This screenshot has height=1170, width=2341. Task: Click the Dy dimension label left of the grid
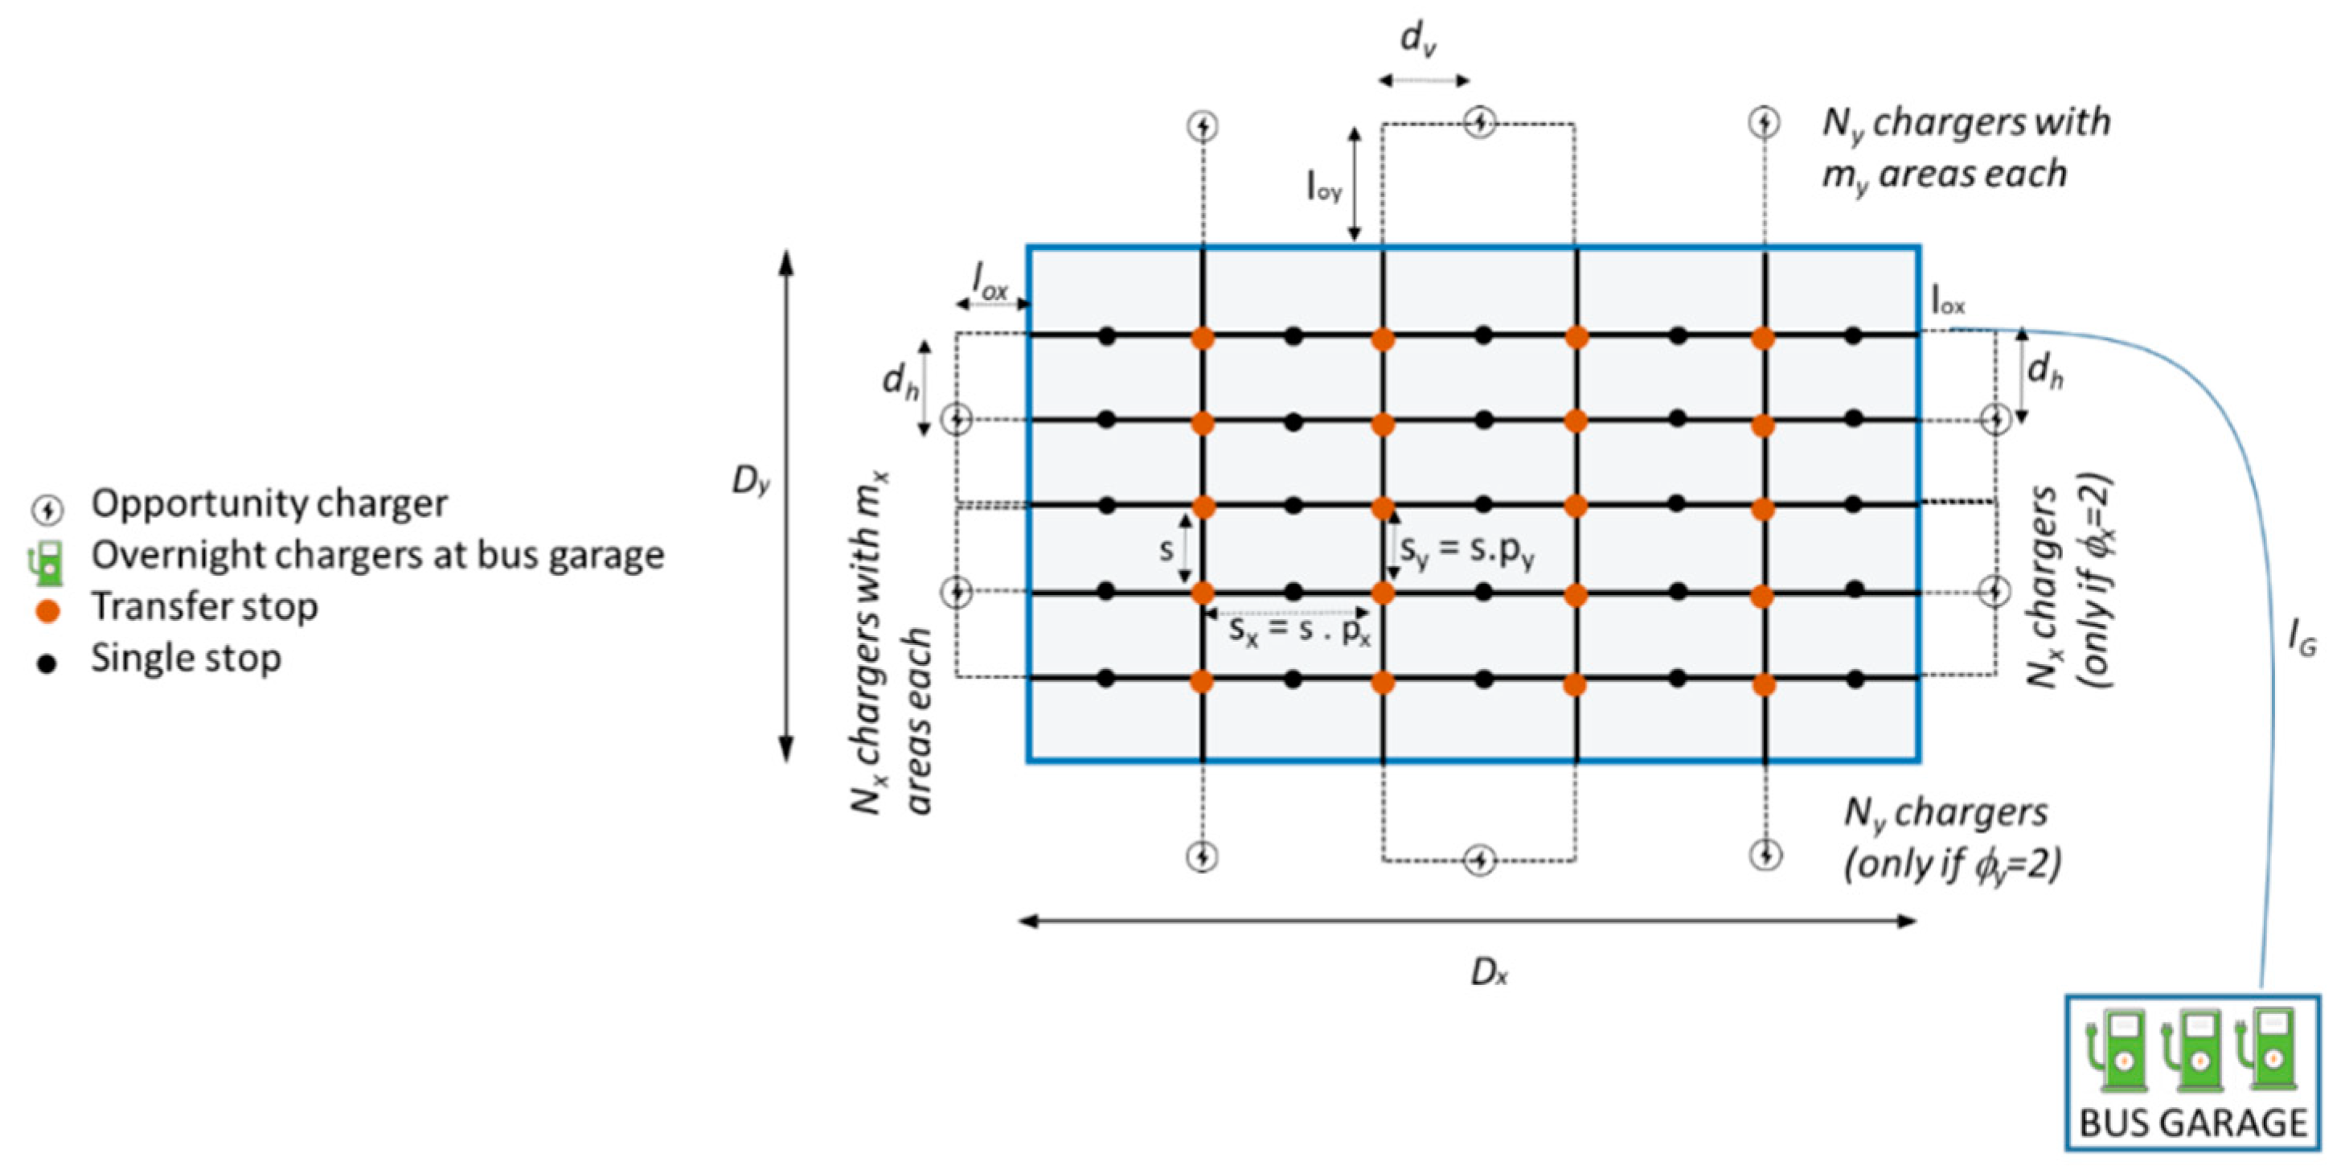[751, 481]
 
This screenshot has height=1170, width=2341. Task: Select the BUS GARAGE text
[2193, 1123]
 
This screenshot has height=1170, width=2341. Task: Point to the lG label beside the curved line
[2301, 642]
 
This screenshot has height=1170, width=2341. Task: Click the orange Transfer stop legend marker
[47, 611]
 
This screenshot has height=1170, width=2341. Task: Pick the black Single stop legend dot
[47, 663]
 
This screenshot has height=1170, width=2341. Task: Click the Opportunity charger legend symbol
[47, 510]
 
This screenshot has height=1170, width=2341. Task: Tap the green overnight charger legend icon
[47, 562]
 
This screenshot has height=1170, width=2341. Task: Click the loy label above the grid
[1323, 187]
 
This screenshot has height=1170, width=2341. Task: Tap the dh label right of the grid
[2044, 371]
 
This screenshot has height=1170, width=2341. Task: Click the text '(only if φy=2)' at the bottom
[1952, 864]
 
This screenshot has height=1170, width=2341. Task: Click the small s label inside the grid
[1166, 550]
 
